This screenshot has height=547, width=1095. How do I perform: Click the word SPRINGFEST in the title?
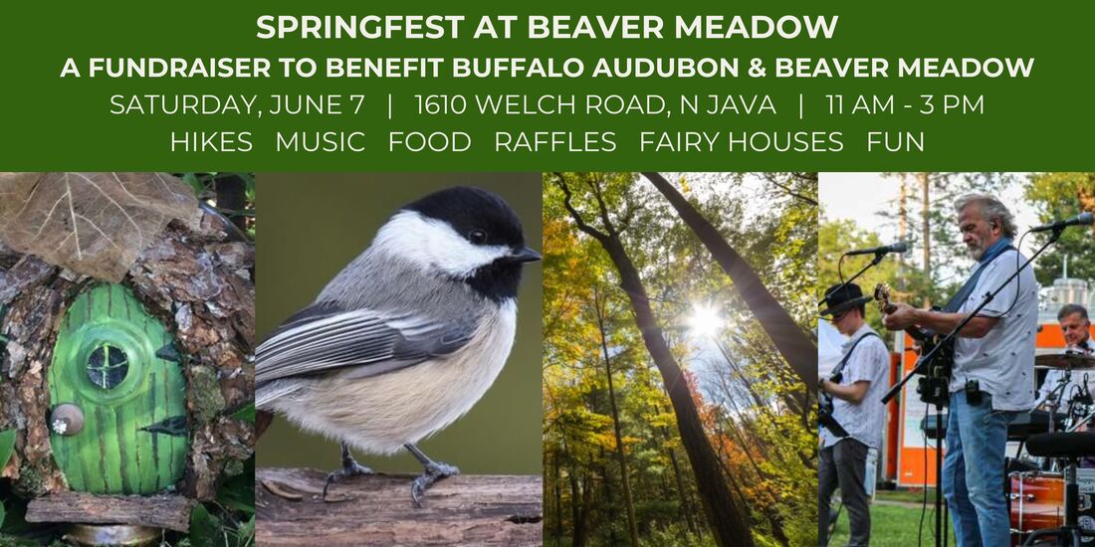(360, 27)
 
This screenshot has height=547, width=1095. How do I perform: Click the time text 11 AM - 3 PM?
(905, 104)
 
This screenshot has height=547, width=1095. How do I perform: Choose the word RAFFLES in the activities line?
(555, 141)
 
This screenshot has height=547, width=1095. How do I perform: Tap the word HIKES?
(212, 141)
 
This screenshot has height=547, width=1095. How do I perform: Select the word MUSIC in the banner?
(321, 141)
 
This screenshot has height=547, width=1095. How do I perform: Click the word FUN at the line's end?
(895, 141)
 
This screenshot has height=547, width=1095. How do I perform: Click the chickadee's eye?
(478, 237)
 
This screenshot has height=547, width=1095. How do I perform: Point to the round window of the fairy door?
(108, 366)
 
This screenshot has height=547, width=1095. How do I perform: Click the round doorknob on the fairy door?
(67, 419)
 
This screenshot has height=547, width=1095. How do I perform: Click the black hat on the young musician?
(844, 298)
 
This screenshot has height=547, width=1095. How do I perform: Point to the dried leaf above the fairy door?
(98, 223)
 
